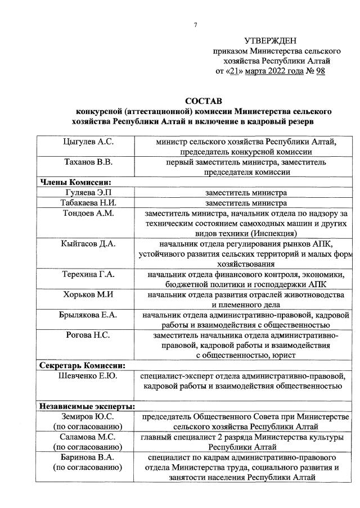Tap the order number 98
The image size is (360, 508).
tap(321, 71)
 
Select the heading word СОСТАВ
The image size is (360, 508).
tap(204, 101)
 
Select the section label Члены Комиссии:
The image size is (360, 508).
tap(74, 182)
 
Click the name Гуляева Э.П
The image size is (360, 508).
tap(87, 193)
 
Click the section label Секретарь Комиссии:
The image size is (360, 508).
tap(82, 365)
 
